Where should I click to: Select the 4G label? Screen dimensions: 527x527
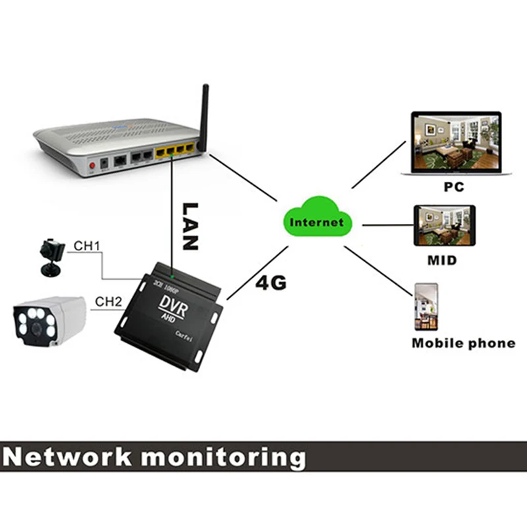(x=270, y=283)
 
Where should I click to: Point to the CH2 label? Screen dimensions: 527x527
(x=109, y=302)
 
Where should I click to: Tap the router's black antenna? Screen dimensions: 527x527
(x=205, y=115)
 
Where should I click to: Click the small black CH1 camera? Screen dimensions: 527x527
(x=51, y=254)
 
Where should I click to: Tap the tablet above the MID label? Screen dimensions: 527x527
(x=443, y=226)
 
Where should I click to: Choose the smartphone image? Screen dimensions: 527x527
(x=426, y=306)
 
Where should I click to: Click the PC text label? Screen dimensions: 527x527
(x=453, y=187)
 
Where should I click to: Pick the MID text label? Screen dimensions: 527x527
(x=442, y=260)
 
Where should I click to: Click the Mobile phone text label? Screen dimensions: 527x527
(x=463, y=343)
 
